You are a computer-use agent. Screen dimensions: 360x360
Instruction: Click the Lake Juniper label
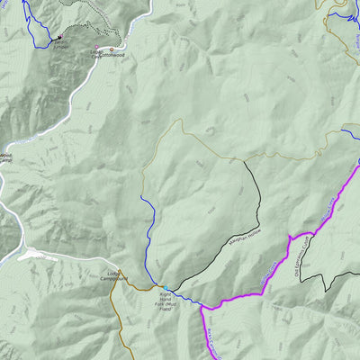pos(60,42)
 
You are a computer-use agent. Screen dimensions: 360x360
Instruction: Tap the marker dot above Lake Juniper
pos(59,37)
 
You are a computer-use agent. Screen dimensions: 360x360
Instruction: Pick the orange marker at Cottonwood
pos(112,49)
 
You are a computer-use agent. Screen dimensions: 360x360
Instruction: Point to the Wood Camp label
pos(5,158)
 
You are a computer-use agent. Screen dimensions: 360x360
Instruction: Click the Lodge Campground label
pos(114,275)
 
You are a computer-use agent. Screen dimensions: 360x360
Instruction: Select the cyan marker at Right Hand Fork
pos(165,289)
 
